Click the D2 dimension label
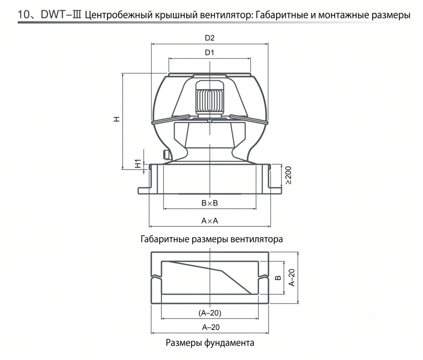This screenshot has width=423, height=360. point(209,38)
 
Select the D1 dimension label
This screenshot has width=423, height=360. point(209,52)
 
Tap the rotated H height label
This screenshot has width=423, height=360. point(116,119)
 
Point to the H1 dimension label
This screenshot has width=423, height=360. point(138,164)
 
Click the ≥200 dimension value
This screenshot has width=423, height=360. point(288,175)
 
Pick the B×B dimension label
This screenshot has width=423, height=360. point(209,203)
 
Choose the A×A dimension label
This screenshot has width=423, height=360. point(209,221)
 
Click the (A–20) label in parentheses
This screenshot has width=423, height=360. point(210,313)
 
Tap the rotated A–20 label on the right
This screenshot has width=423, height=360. point(292,277)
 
